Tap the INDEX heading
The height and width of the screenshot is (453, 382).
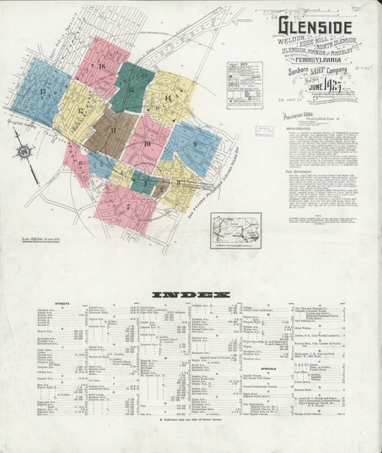pos(191,295)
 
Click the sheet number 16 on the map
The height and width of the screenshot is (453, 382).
pos(102,67)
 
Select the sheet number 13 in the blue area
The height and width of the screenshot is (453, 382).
pos(43,92)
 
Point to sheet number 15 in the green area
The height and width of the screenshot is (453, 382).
pos(131,90)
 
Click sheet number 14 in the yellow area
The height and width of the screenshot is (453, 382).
pos(168,98)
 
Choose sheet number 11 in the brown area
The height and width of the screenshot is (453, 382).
pos(113,130)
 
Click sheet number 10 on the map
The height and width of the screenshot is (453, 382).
pos(146,144)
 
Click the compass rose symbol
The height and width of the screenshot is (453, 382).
pos(25,152)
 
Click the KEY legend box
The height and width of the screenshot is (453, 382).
pos(244,85)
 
